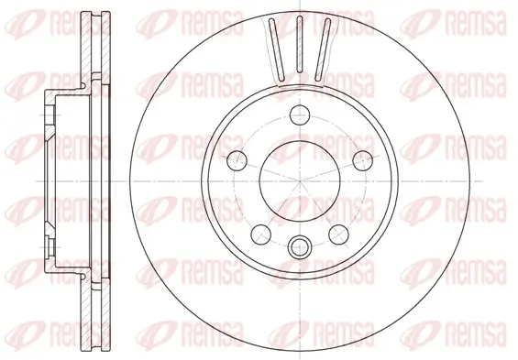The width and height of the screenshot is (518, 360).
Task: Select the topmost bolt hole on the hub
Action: (299, 115)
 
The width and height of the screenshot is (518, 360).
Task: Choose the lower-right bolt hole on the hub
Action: (336, 230)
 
